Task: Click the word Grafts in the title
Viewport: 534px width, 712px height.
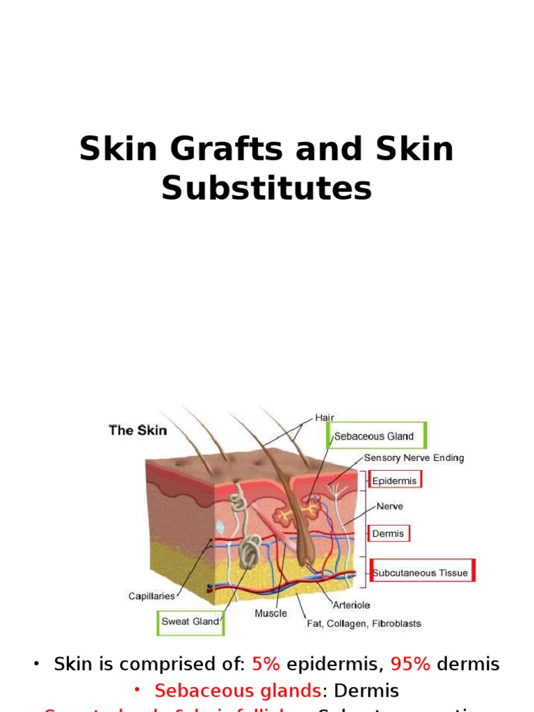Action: coord(225,149)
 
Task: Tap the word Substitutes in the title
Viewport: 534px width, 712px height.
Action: coord(266,188)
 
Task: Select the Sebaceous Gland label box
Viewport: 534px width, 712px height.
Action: coord(375,436)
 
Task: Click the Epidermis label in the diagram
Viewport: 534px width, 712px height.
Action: coord(395,480)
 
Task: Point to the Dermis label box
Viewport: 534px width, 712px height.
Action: coord(389,533)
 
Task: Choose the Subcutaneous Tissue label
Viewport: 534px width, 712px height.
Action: coord(420,573)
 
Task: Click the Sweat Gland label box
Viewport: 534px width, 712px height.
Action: coord(190,621)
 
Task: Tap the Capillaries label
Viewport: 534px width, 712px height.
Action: coord(152,596)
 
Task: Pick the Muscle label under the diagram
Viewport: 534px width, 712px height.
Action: coord(270,613)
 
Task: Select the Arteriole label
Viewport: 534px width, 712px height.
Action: coord(352,605)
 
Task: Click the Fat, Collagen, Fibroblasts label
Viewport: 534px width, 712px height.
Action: coord(364,623)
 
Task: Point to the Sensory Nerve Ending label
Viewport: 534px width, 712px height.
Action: coord(414,458)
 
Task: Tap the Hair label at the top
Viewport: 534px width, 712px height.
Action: coord(325,417)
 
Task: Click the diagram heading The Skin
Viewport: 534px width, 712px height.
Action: coord(138,430)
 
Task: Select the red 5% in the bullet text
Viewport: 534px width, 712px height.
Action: coord(266,664)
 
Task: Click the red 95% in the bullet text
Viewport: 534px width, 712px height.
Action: coord(410,664)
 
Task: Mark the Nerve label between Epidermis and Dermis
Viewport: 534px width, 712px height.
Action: coord(389,506)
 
